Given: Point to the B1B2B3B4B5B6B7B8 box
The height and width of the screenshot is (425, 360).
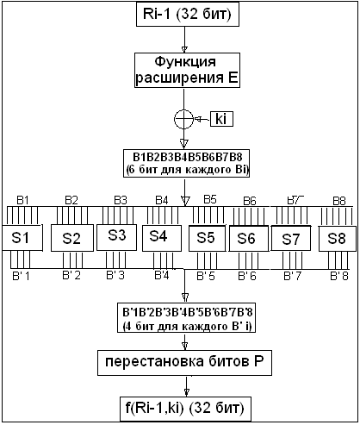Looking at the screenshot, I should pyautogui.click(x=186, y=162).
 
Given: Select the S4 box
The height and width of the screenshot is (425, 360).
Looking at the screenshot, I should pyautogui.click(x=160, y=235).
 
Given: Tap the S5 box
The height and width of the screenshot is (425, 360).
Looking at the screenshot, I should pyautogui.click(x=207, y=237).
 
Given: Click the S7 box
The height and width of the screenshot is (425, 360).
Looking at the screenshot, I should pyautogui.click(x=292, y=237).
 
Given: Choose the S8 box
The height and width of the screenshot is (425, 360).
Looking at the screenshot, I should pyautogui.click(x=337, y=237).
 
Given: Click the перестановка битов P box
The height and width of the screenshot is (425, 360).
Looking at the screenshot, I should pyautogui.click(x=184, y=364).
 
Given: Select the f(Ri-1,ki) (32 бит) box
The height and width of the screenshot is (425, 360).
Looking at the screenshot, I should pyautogui.click(x=185, y=406).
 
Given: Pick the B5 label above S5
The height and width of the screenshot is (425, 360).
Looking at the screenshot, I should pyautogui.click(x=209, y=199).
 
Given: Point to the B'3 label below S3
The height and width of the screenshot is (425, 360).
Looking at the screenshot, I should pyautogui.click(x=116, y=275).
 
